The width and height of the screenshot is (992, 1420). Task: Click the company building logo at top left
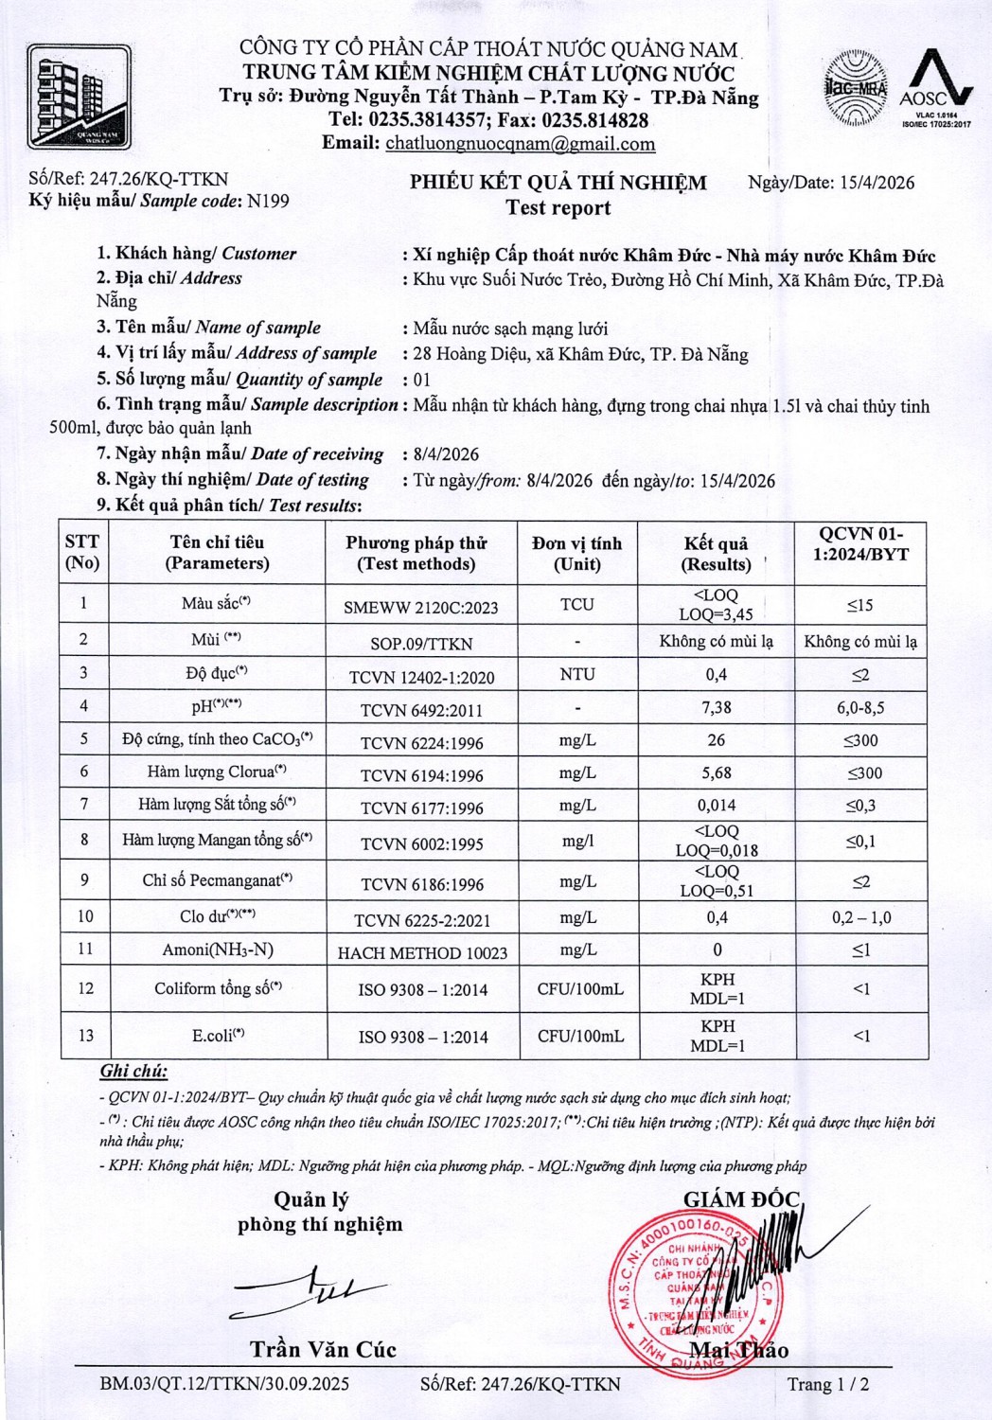79,96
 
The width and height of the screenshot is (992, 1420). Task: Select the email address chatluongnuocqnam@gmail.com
520,144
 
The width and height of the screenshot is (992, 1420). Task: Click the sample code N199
268,201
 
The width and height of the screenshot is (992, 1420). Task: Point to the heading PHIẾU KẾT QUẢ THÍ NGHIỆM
558,183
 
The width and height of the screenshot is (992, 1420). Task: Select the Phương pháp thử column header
416,553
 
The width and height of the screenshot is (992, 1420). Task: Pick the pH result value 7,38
717,707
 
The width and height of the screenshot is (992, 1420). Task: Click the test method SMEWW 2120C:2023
420,608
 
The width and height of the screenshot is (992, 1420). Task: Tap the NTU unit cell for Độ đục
576,674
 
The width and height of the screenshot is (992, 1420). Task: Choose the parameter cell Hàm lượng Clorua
217,772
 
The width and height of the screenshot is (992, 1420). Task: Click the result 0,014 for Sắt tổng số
717,806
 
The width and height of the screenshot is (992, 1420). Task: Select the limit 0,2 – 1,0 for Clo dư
861,917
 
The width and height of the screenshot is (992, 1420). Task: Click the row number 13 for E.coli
85,1036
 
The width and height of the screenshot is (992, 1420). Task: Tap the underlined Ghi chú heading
133,1072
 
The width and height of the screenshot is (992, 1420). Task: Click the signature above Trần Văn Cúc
307,1291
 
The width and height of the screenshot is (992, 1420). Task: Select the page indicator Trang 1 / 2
827,1384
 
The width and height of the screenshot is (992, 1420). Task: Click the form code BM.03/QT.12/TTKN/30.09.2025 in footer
224,1384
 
